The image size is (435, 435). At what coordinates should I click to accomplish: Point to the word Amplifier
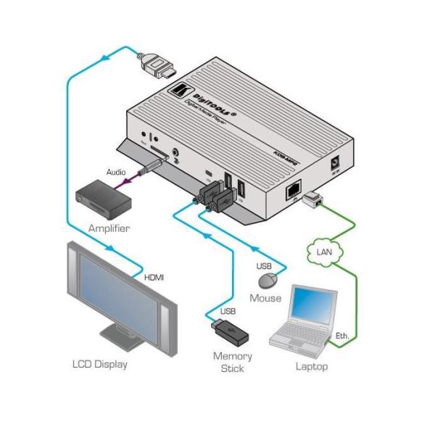[x=108, y=228]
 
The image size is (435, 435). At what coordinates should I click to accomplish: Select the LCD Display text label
[x=99, y=364]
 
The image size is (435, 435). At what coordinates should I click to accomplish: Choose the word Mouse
[x=265, y=298]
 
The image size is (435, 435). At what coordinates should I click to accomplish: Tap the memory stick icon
[x=231, y=335]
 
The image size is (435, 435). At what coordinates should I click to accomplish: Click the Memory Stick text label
[x=232, y=362]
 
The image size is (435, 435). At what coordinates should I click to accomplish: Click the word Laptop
[x=311, y=366]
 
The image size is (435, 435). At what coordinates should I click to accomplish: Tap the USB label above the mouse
[x=265, y=265]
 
